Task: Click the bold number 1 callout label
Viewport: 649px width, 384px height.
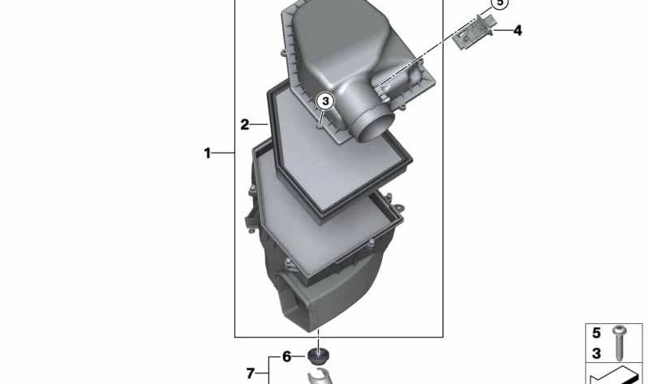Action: point(207,153)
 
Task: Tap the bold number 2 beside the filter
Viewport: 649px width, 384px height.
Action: point(245,124)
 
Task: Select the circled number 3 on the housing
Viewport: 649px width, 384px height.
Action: point(325,101)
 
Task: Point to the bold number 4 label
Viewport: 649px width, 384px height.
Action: point(518,30)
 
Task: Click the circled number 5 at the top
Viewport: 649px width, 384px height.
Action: point(500,3)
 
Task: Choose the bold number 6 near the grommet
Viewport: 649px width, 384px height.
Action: point(287,356)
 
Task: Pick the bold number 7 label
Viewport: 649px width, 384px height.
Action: point(250,373)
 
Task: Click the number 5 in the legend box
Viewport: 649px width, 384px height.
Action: point(596,333)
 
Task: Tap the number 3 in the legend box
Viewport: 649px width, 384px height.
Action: point(596,353)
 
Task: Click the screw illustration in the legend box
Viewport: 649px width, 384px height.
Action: point(620,343)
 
